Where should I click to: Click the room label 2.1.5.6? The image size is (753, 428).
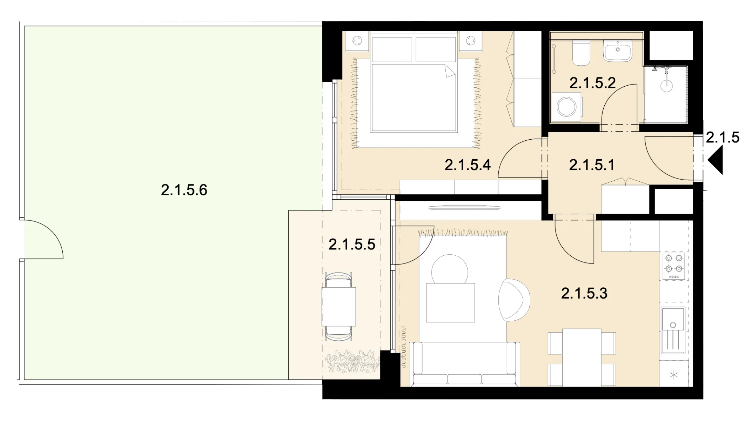(184, 190)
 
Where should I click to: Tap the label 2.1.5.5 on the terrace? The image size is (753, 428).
(352, 244)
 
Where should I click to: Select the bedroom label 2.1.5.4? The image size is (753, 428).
(468, 165)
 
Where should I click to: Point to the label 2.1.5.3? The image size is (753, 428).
(584, 293)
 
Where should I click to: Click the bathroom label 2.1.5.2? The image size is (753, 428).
(593, 83)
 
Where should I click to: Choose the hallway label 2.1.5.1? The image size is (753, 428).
(592, 165)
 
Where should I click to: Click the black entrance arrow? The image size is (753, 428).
(715, 160)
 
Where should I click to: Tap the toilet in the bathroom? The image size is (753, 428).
(581, 53)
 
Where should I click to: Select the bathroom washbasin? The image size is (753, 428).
(618, 51)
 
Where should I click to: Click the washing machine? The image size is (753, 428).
(567, 107)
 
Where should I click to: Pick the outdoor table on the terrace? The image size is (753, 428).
(339, 307)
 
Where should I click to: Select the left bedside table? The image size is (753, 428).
(358, 42)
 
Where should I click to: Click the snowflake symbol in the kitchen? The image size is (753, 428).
(674, 375)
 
